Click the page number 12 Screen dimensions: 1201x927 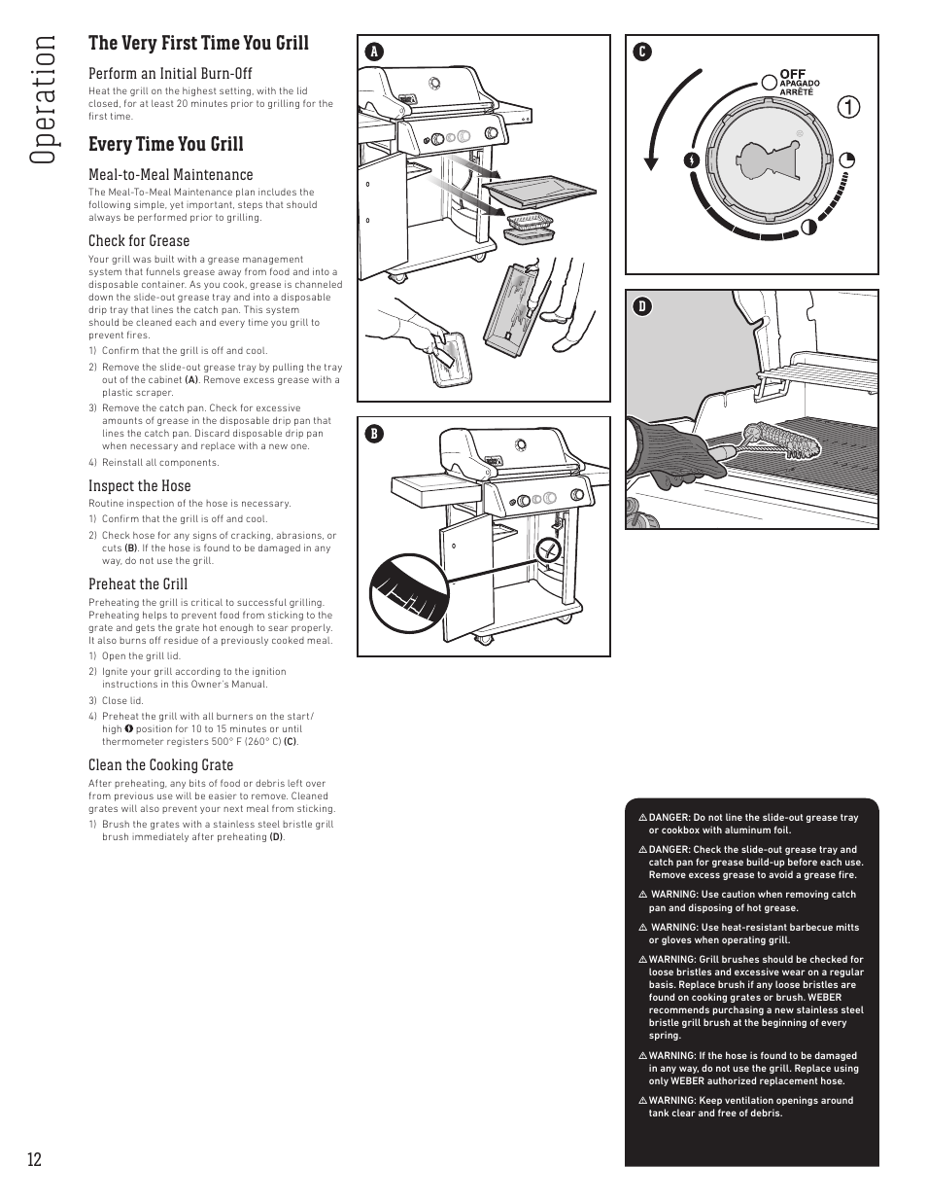pyautogui.click(x=35, y=1159)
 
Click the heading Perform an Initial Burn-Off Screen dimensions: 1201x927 pyautogui.click(x=170, y=74)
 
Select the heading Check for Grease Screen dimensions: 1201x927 pyautogui.click(x=139, y=241)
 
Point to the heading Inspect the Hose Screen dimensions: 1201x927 pyautogui.click(x=140, y=486)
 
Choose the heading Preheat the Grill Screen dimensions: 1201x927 pyautogui.click(x=138, y=584)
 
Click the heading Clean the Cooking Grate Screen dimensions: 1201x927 pyautogui.click(x=160, y=765)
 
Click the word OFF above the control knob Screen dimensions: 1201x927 pyautogui.click(x=792, y=74)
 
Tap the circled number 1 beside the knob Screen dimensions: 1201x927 pyautogui.click(x=848, y=108)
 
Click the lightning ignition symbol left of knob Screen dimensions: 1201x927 pyautogui.click(x=691, y=160)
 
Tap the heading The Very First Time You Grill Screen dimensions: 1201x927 pyautogui.click(x=198, y=43)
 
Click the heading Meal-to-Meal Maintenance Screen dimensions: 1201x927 pyautogui.click(x=170, y=175)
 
